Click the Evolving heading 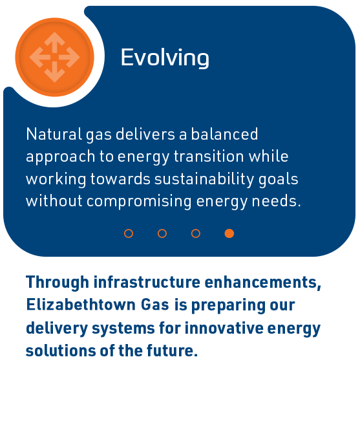[x=165, y=58]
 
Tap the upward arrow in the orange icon [x=54, y=42]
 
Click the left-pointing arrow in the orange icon [x=40, y=58]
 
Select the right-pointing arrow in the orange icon [x=69, y=58]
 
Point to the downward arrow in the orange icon [x=54, y=72]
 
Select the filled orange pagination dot [x=229, y=233]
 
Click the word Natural [x=54, y=134]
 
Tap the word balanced [x=224, y=134]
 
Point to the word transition [x=209, y=157]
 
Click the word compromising [x=139, y=202]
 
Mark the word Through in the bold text [x=58, y=283]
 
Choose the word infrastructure [x=147, y=282]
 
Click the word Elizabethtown [x=81, y=305]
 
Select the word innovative [x=224, y=328]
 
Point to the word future [x=172, y=351]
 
